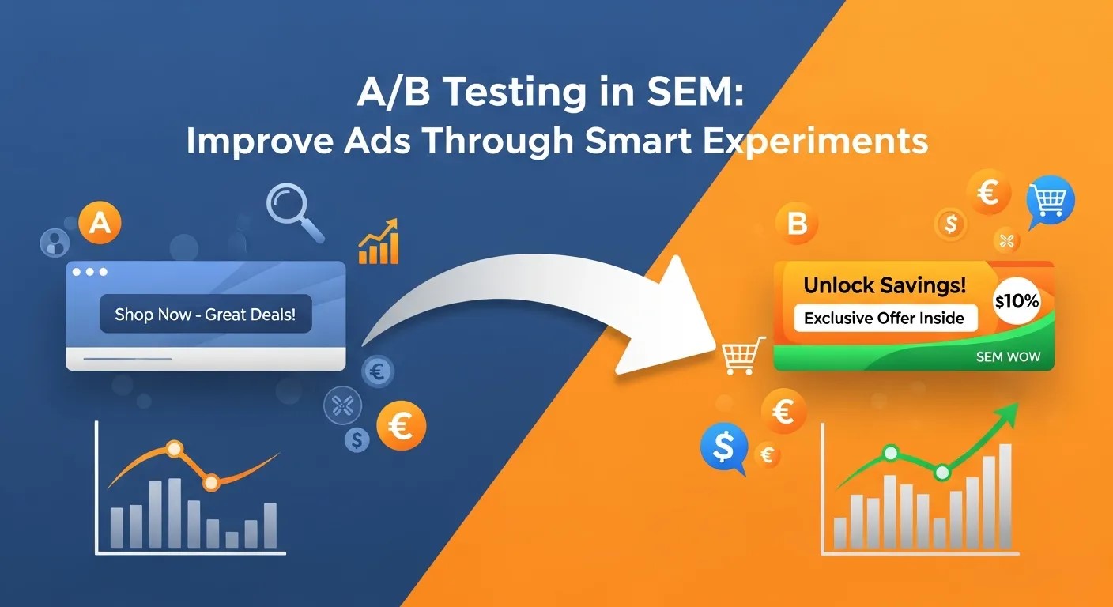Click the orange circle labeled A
click(100, 223)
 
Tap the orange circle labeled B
click(797, 224)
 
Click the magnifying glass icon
click(292, 209)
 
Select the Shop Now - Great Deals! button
click(206, 315)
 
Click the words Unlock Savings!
click(884, 286)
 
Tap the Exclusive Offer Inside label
click(884, 319)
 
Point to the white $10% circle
click(1018, 301)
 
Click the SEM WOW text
click(1008, 357)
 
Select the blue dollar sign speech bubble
click(723, 447)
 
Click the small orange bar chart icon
click(379, 243)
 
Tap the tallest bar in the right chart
click(1005, 496)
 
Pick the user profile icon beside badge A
click(54, 241)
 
